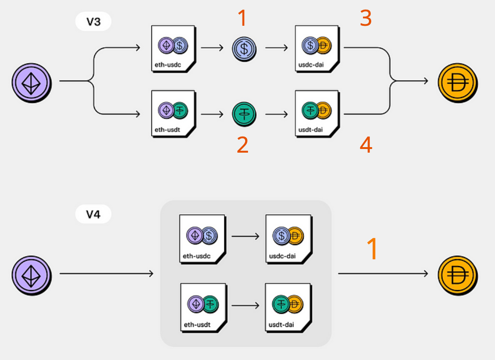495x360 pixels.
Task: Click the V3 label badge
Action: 93,22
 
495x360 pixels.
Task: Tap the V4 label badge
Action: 93,214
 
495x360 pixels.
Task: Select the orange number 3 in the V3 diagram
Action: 366,18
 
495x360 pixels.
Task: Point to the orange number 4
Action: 366,145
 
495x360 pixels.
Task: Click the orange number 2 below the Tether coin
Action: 242,145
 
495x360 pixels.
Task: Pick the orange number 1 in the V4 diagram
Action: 373,249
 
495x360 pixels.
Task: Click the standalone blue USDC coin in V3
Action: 244,49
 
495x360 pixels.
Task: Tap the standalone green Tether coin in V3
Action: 244,114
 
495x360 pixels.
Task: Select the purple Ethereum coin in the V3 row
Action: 32,83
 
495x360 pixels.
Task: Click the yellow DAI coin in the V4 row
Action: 458,275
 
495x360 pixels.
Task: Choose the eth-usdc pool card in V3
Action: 173,49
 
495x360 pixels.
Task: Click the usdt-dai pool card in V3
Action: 317,114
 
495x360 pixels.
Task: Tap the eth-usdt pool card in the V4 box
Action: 204,308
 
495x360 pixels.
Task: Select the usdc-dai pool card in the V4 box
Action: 289,239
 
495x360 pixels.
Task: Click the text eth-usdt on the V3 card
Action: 167,130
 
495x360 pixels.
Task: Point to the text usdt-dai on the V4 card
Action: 281,325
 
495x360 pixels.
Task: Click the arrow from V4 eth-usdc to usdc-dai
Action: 245,236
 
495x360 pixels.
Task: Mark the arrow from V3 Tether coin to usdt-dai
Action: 276,114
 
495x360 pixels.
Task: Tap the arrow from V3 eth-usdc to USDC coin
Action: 212,48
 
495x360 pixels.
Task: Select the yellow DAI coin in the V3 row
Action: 458,83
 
